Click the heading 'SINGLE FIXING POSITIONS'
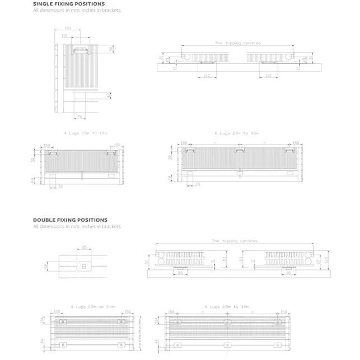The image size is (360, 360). tap(69, 4)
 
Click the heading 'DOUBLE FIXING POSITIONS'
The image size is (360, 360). tap(70, 220)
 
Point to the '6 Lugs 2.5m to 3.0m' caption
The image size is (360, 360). tap(227, 307)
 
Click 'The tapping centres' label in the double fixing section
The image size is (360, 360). tap(235, 241)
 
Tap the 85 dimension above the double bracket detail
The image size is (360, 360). tap(84, 246)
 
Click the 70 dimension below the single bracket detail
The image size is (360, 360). tap(80, 116)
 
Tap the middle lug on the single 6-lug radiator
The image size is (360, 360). tap(239, 151)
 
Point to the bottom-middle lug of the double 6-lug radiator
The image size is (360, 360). tap(227, 344)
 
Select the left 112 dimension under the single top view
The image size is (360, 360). tap(206, 74)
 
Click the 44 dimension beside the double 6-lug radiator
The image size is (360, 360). tap(156, 342)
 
